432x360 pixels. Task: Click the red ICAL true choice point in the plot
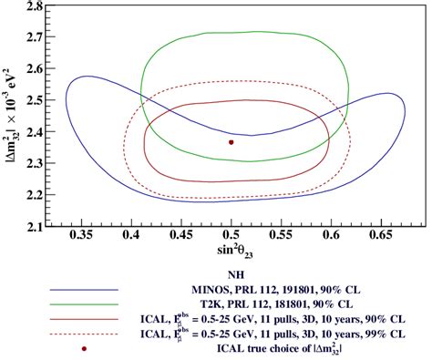[231, 142]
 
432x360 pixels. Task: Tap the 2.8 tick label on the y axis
[36, 6]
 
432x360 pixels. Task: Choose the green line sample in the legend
[84, 303]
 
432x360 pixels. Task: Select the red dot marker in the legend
[84, 348]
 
